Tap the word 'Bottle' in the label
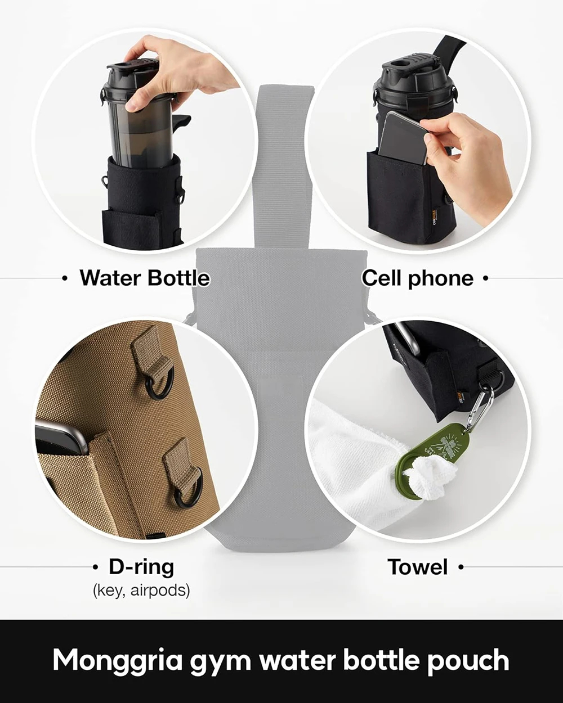point(178,278)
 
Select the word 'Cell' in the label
point(381,278)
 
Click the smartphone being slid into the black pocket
point(403,137)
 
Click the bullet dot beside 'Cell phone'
point(485,278)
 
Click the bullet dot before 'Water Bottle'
point(65,278)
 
